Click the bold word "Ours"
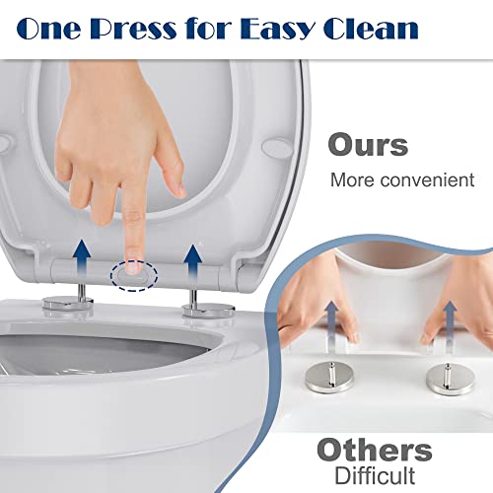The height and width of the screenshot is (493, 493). click(368, 144)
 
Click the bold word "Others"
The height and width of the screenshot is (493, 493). click(375, 451)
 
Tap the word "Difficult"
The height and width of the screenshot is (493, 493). click(375, 475)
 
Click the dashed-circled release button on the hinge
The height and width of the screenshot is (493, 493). click(134, 275)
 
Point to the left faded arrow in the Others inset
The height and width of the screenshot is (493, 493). click(332, 322)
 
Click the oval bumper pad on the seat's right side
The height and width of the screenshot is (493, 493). click(277, 147)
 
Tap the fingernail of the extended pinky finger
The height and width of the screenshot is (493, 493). click(179, 190)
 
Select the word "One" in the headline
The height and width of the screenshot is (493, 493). click(48, 29)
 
